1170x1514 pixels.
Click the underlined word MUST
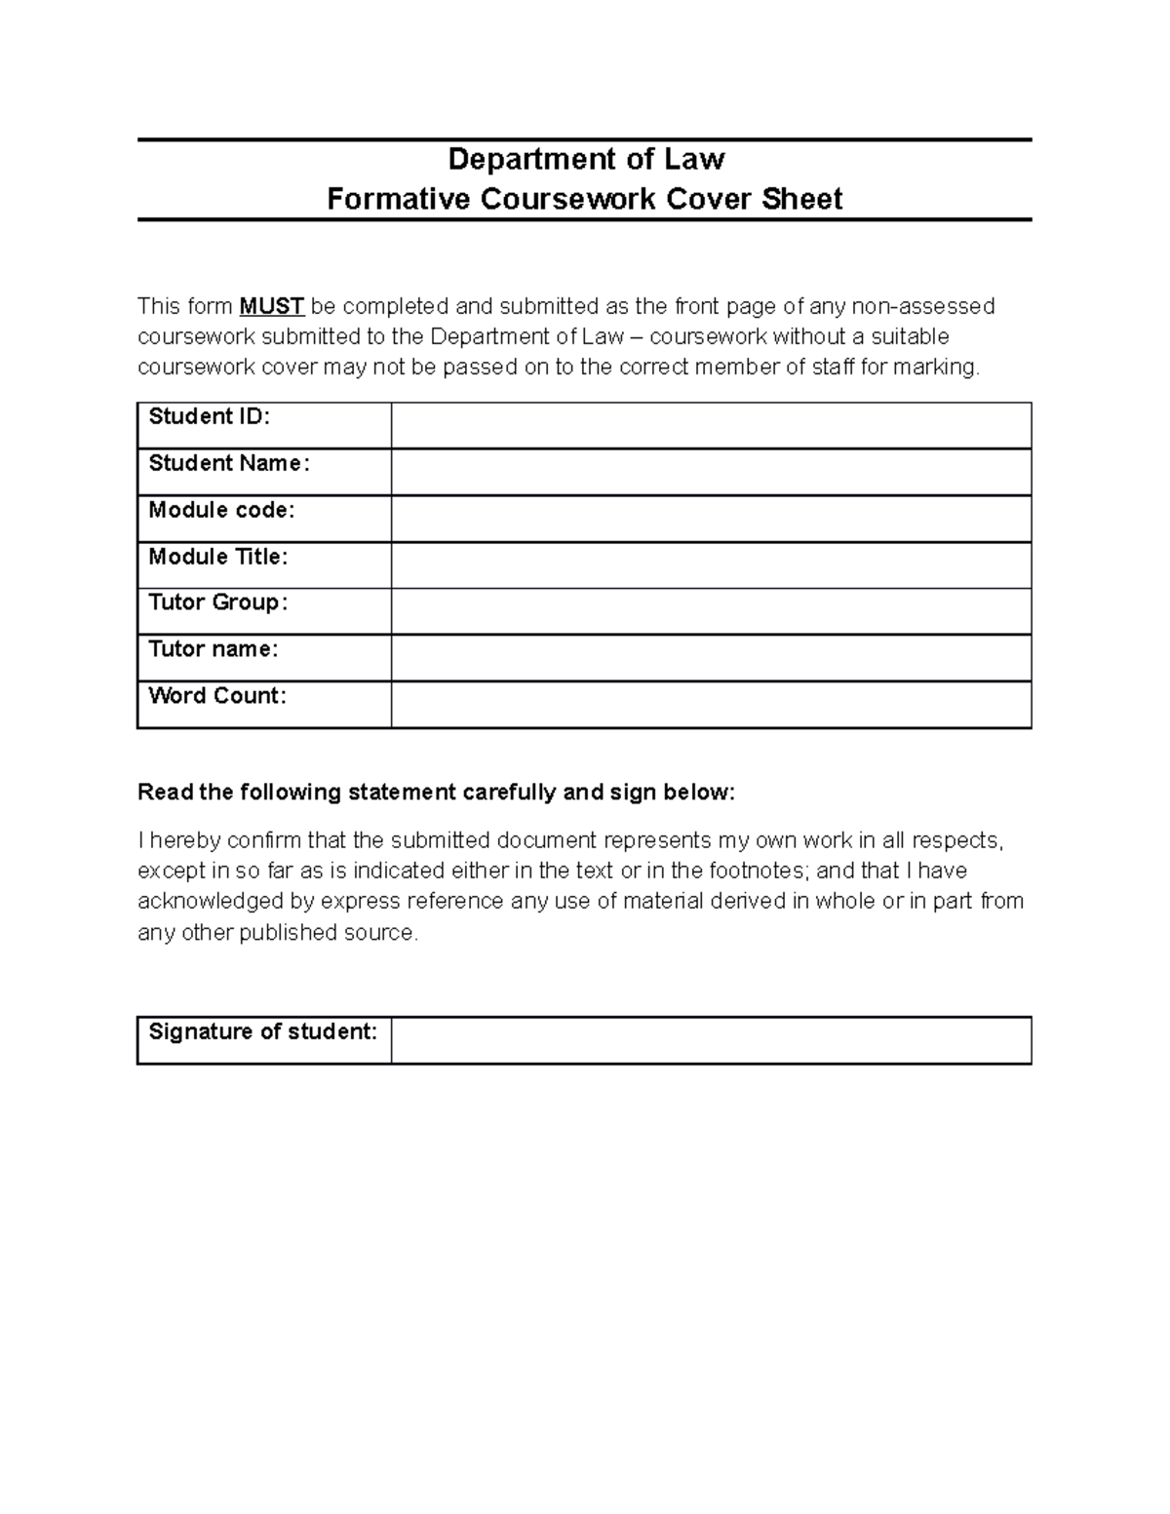click(272, 307)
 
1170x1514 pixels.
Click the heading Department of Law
click(585, 159)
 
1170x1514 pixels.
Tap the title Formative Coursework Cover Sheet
click(585, 199)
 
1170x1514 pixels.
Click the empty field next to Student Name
click(711, 472)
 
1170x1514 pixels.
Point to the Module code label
click(221, 510)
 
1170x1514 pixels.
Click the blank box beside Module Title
click(711, 565)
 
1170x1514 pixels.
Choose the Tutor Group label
click(217, 602)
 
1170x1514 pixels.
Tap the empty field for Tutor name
click(711, 658)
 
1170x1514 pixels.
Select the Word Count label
click(217, 696)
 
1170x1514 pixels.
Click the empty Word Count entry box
click(711, 705)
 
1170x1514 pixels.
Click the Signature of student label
click(263, 1031)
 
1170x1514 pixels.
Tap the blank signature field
click(711, 1040)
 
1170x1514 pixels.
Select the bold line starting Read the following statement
click(436, 793)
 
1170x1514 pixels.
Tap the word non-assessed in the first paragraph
click(923, 307)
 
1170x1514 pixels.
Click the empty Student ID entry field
click(711, 426)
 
